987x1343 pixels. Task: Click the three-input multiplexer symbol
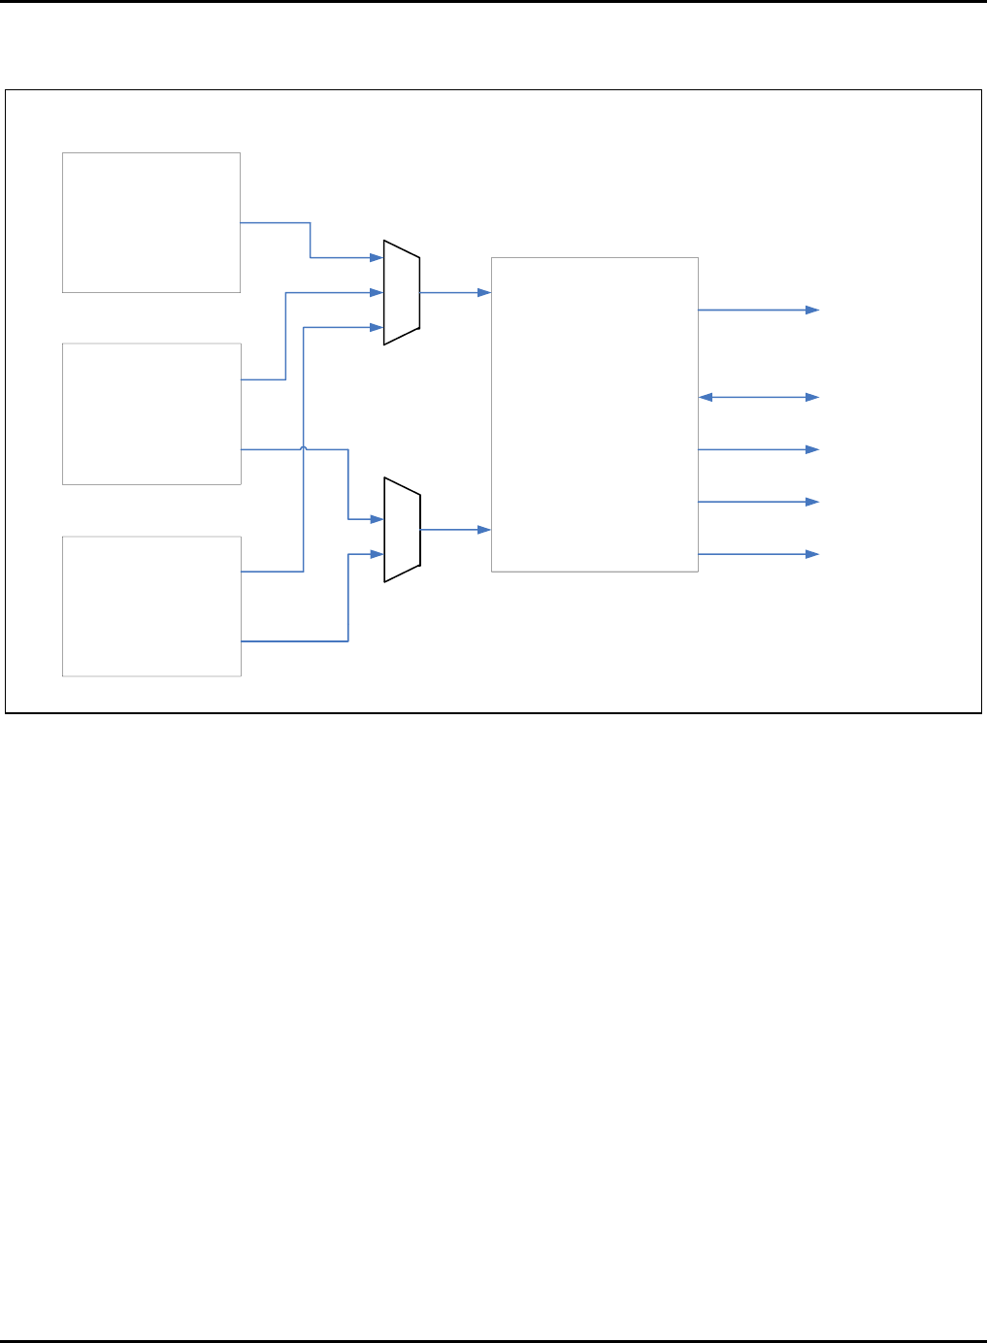(x=402, y=292)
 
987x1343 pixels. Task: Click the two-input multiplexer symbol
(x=402, y=530)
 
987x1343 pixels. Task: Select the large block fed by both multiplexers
(x=594, y=414)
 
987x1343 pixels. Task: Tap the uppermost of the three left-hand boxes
(x=151, y=222)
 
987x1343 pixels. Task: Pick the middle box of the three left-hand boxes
(x=151, y=413)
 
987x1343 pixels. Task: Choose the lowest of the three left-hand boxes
(x=151, y=606)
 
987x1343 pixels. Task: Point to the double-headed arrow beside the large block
(x=759, y=397)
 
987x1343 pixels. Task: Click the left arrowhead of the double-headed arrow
(x=705, y=397)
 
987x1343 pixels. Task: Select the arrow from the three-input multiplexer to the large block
(x=454, y=292)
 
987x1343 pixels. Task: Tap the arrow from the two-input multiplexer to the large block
(x=454, y=530)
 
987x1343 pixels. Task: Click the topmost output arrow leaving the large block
(x=759, y=311)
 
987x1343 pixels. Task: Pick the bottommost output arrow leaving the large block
(x=759, y=554)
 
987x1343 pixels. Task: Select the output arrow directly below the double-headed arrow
(x=759, y=449)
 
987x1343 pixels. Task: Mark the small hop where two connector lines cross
(x=304, y=448)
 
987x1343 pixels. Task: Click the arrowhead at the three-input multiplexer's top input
(x=378, y=257)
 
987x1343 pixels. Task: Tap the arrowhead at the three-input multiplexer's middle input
(x=378, y=292)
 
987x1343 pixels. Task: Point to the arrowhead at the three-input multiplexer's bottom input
(x=378, y=327)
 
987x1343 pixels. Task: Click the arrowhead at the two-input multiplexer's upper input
(x=378, y=519)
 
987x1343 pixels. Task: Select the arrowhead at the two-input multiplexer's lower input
(x=378, y=554)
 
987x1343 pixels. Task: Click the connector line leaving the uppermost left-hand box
(x=277, y=222)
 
